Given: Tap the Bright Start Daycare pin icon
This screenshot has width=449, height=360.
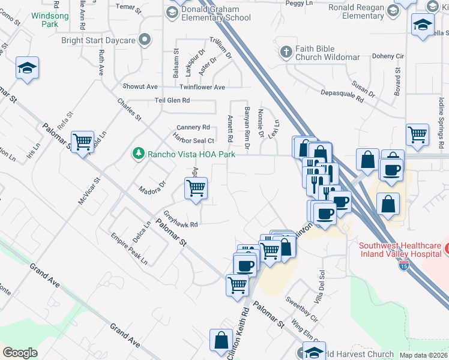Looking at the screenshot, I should (144, 40).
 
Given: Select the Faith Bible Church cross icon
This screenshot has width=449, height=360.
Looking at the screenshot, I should (286, 52).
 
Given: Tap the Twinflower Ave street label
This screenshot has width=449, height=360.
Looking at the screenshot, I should (199, 86).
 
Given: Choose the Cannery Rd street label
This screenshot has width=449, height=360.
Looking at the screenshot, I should (193, 127).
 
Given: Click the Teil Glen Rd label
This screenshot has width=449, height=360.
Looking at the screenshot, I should (172, 100).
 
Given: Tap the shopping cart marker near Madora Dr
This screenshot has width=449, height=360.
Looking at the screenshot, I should (196, 188).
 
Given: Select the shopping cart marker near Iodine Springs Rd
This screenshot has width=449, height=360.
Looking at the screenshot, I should (417, 135).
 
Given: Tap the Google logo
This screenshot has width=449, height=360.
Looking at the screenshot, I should (20, 353).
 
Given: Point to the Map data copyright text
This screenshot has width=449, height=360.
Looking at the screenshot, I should (423, 355).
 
